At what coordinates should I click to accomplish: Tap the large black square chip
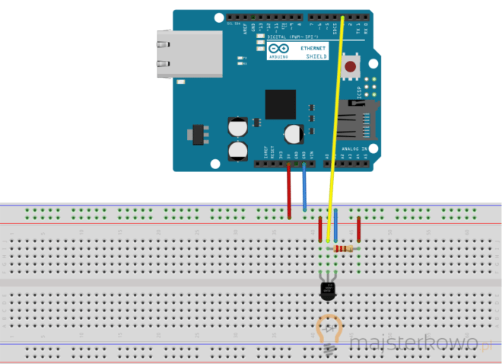coord(280,105)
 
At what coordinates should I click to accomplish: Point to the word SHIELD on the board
coord(316,56)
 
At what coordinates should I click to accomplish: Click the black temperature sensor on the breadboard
coord(328,289)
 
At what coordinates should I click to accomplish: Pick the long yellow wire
coord(335,114)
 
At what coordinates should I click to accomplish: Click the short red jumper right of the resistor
coord(359,230)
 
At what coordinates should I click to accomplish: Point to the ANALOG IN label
coord(354,149)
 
